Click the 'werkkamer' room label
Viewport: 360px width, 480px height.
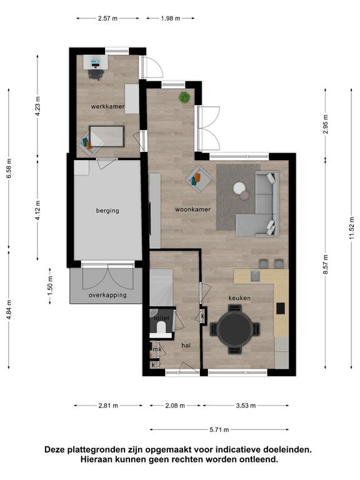(x=107, y=106)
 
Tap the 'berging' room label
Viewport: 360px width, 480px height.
(x=107, y=211)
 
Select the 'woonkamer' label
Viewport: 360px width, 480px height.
(x=193, y=210)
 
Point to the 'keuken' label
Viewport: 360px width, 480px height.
(x=239, y=298)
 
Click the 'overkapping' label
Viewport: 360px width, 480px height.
(x=107, y=295)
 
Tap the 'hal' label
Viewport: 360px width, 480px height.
(x=186, y=346)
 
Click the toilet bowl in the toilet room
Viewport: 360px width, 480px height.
(x=161, y=328)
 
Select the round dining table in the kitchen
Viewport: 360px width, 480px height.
(x=235, y=329)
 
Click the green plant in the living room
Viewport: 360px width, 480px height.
(x=184, y=97)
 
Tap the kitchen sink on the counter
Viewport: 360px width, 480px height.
(x=255, y=276)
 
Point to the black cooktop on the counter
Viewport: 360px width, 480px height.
(x=281, y=308)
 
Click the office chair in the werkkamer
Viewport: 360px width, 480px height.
(x=96, y=74)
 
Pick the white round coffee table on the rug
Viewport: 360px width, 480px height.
(x=239, y=188)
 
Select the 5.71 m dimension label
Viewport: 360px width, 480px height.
(x=219, y=430)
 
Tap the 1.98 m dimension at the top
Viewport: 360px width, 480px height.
(x=171, y=18)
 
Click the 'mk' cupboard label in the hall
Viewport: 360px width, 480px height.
(x=157, y=349)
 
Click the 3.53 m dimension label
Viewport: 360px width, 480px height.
(x=246, y=406)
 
